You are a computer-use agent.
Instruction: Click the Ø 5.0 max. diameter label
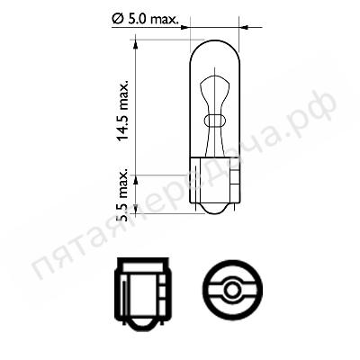pos(145,20)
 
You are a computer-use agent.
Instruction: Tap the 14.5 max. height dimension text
pos(122,111)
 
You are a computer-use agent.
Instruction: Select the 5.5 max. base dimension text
pos(123,196)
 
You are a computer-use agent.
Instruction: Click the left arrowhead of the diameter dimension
pos(184,28)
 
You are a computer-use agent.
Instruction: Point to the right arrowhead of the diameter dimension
pos(245,28)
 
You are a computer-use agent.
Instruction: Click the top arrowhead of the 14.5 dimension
pos(135,44)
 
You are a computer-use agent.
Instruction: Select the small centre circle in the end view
pos(232,290)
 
